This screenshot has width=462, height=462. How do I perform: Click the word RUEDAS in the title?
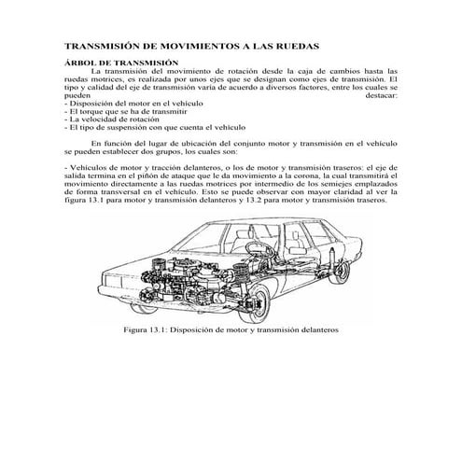tap(292, 44)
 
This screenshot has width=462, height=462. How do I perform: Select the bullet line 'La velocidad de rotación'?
tap(106, 119)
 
